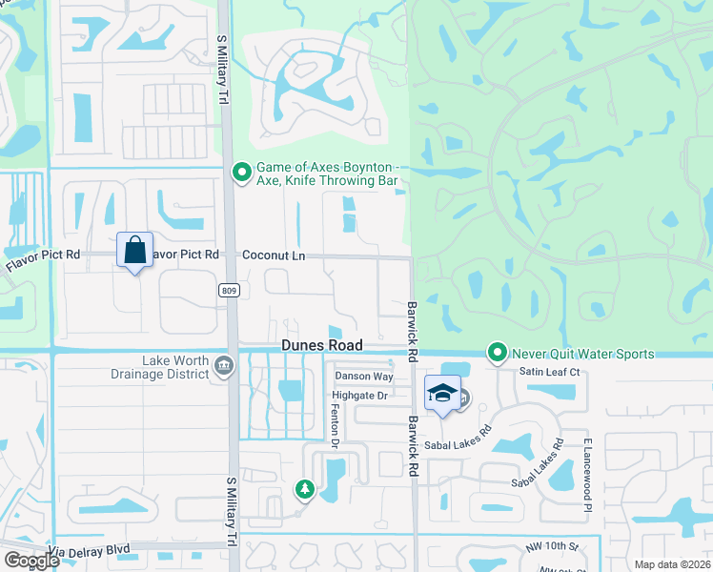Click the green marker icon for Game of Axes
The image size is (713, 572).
coord(242,173)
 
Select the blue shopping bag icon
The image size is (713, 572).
coord(134,251)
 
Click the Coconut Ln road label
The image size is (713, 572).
coord(274,255)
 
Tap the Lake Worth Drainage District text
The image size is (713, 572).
coord(175,367)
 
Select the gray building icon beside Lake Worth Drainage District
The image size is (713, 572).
coord(224,365)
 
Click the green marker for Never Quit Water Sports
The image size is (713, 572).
coord(496,352)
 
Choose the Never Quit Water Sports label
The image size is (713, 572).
coord(582,354)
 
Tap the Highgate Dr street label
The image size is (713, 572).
coord(359,395)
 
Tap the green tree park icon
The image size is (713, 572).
coord(305,490)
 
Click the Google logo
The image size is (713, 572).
coord(31,561)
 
